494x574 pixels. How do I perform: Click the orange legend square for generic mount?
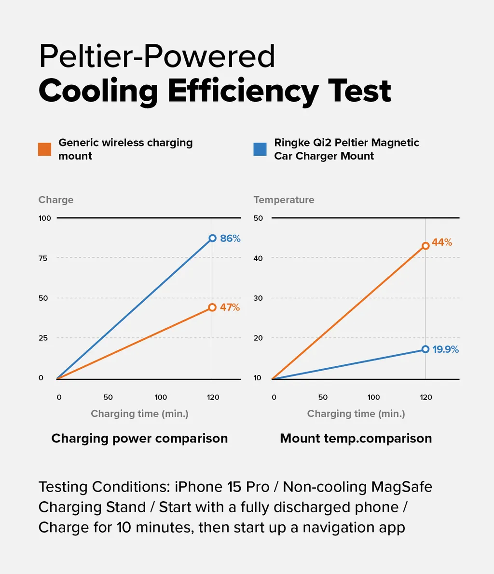tap(44, 149)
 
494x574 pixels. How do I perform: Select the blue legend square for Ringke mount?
tap(260, 149)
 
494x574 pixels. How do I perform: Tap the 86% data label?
tap(230, 239)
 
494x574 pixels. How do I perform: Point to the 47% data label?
tap(230, 307)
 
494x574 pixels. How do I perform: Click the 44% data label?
tap(442, 242)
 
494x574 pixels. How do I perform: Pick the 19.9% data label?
tap(445, 349)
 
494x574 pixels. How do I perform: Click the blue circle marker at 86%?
tap(212, 238)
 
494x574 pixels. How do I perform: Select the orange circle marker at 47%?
tap(212, 307)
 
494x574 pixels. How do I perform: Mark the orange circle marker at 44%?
tap(425, 246)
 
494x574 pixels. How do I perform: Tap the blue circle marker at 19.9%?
tap(425, 349)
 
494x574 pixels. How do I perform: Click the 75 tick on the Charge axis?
tap(43, 258)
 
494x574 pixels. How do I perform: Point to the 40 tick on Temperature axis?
tap(258, 258)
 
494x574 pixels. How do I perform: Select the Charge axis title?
tap(56, 200)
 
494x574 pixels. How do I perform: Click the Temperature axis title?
tap(284, 200)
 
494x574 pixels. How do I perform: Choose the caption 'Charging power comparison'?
tap(139, 439)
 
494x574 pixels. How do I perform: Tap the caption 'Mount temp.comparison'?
tap(356, 439)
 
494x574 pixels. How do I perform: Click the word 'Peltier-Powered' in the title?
tap(157, 56)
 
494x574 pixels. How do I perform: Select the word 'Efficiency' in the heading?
tap(243, 91)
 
